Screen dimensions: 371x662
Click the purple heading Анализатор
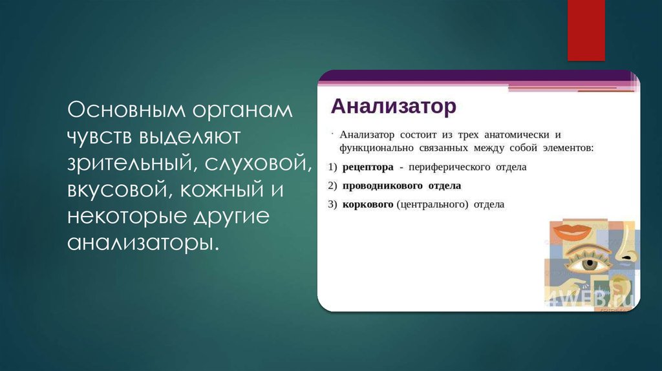pos(394,106)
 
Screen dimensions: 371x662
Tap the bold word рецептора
pos(368,167)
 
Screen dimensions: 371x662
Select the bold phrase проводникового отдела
pos(401,185)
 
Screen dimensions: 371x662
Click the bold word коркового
pos(368,204)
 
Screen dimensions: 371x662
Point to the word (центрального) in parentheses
pos(432,204)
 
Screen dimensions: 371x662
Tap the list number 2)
pos(332,185)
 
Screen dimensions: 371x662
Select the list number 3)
pos(332,204)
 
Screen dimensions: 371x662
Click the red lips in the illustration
pos(572,230)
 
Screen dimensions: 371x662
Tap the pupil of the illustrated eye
pos(588,264)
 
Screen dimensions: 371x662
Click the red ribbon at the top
pos(586,29)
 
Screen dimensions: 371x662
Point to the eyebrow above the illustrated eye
pos(585,249)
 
